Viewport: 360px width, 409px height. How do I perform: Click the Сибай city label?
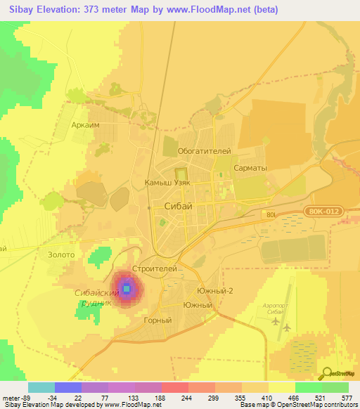pyautogui.click(x=177, y=206)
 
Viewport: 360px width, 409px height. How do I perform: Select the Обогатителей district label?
pyautogui.click(x=204, y=151)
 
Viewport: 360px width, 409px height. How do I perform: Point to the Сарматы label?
pyautogui.click(x=250, y=169)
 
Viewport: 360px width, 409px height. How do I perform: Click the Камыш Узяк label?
pyautogui.click(x=167, y=182)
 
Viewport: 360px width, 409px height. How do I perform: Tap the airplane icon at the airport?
pyautogui.click(x=286, y=326)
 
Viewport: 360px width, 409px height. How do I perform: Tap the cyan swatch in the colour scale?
pyautogui.click(x=41, y=387)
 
